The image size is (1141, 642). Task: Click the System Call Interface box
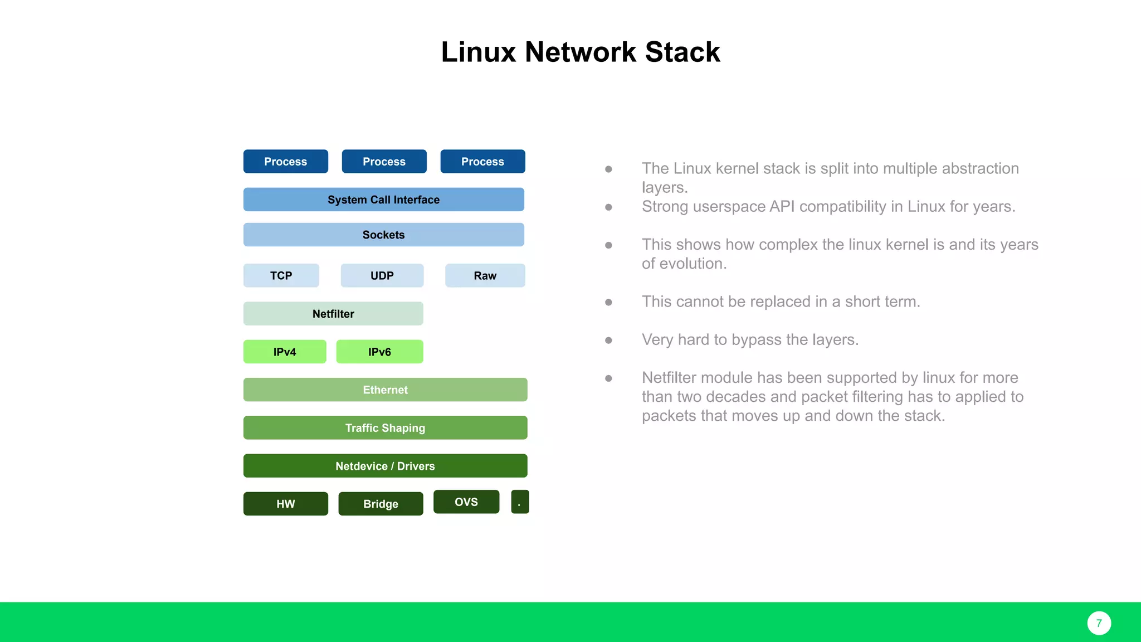383,200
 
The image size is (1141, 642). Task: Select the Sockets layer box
383,235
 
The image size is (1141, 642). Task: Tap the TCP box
281,275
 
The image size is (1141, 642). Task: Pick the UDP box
382,275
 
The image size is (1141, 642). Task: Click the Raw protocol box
485,275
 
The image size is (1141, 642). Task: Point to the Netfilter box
333,314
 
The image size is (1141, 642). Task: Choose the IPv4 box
285,352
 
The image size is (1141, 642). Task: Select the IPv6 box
379,352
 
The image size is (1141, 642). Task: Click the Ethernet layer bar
385,390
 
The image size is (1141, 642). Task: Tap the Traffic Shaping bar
385,428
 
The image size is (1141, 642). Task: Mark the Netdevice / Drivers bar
385,466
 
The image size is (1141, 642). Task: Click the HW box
286,504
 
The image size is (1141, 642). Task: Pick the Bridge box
381,504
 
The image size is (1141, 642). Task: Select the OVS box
466,502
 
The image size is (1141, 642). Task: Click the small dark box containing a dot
520,502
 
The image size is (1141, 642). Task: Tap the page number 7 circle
1099,623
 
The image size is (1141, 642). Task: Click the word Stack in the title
682,52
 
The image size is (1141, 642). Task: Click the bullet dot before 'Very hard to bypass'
608,340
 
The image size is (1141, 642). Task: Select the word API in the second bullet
782,207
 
